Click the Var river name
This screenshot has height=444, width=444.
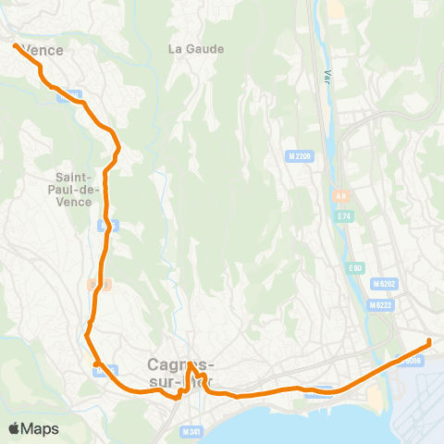click(x=327, y=76)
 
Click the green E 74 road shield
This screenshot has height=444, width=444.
click(x=344, y=216)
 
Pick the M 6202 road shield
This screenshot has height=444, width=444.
click(x=382, y=283)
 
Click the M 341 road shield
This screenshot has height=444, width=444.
click(x=191, y=431)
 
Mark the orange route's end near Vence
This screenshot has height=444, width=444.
click(x=14, y=44)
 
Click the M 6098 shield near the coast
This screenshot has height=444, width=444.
click(x=413, y=362)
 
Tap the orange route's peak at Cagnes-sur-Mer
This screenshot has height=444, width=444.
click(x=190, y=364)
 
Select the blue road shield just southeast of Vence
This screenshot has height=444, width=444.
click(x=76, y=94)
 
